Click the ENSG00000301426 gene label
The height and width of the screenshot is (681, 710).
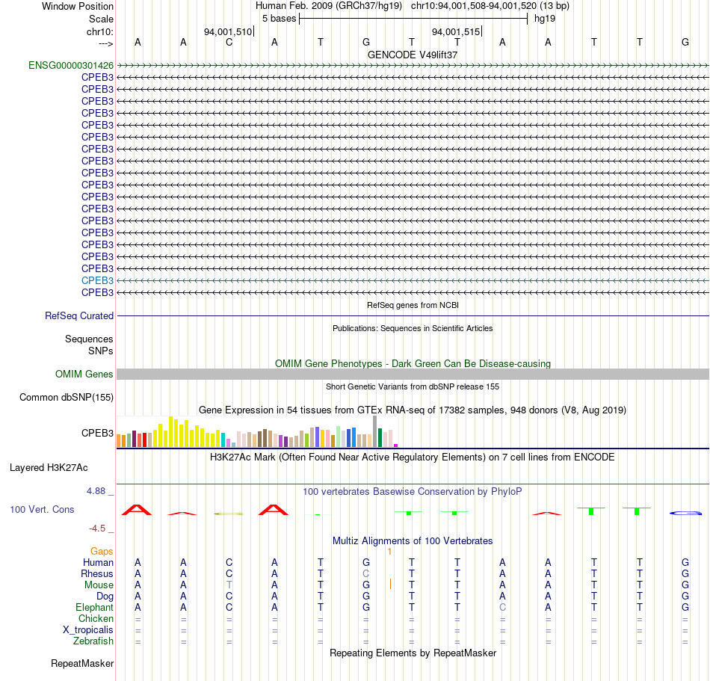pyautogui.click(x=71, y=66)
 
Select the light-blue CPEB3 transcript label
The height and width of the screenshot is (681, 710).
pyautogui.click(x=97, y=281)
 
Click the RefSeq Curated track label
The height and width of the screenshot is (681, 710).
pyautogui.click(x=79, y=315)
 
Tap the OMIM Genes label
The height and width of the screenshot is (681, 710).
pyautogui.click(x=84, y=374)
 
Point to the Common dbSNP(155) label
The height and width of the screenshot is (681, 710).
pyautogui.click(x=67, y=397)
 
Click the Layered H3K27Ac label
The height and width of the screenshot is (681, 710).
pyautogui.click(x=49, y=468)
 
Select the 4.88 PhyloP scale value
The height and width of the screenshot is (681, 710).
pyautogui.click(x=96, y=491)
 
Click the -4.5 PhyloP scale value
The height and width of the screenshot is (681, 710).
pyautogui.click(x=97, y=529)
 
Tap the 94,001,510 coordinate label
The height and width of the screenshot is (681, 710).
pyautogui.click(x=228, y=31)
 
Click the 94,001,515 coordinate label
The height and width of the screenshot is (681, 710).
pyautogui.click(x=456, y=31)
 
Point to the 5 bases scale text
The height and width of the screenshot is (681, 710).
pyautogui.click(x=279, y=19)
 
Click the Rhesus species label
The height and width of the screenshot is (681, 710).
pyautogui.click(x=97, y=573)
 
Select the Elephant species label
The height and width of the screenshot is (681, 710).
pyautogui.click(x=95, y=607)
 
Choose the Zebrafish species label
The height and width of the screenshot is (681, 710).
pyautogui.click(x=93, y=641)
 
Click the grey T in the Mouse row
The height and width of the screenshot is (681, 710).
pyautogui.click(x=229, y=585)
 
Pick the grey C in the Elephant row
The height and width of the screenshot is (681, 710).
pyautogui.click(x=503, y=607)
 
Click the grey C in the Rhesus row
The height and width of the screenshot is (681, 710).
pyautogui.click(x=366, y=573)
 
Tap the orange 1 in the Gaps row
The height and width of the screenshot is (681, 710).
pyautogui.click(x=389, y=552)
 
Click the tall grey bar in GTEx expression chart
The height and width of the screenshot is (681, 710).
pyautogui.click(x=375, y=431)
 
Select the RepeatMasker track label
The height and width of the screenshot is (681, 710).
pyautogui.click(x=82, y=663)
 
